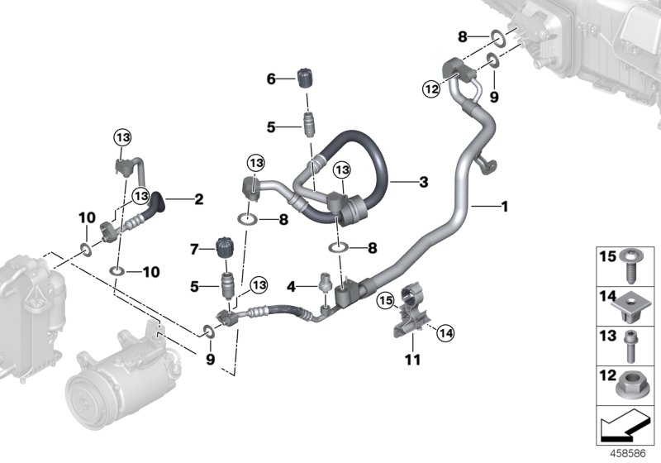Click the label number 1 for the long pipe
[504, 206]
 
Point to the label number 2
[198, 198]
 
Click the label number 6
[270, 79]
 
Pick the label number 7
[194, 248]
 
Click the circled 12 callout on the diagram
[430, 89]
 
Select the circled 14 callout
[445, 333]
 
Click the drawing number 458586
[630, 454]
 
